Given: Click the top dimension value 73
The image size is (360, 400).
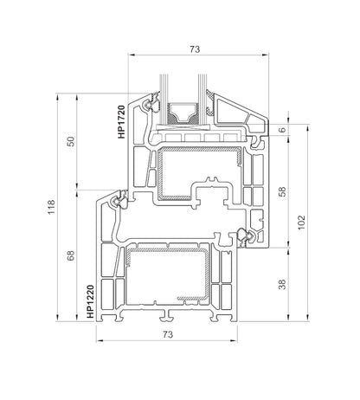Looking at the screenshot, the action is [x=195, y=49].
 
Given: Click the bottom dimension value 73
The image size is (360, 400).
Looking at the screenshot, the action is [x=168, y=334].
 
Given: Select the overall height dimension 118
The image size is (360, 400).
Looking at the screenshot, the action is [x=51, y=207].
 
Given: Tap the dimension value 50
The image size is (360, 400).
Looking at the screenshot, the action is [x=71, y=141].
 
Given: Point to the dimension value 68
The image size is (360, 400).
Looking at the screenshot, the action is [x=71, y=255].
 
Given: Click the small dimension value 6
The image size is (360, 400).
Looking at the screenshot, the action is [x=283, y=130].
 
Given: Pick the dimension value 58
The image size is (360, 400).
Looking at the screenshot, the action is [x=282, y=191].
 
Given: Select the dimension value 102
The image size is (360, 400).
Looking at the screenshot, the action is [x=301, y=223].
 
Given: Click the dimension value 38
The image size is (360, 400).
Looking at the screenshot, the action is [x=282, y=284].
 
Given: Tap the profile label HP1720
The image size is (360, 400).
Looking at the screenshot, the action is [x=121, y=122].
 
